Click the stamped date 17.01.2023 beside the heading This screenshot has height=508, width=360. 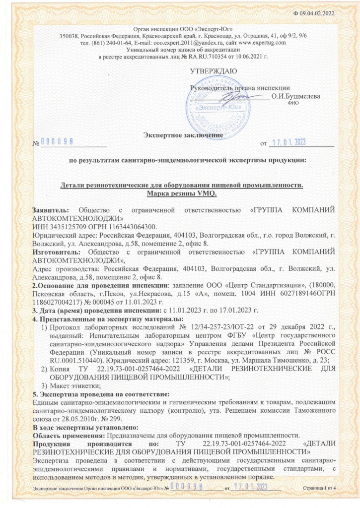[290, 143]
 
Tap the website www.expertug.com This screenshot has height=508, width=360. [260, 43]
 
